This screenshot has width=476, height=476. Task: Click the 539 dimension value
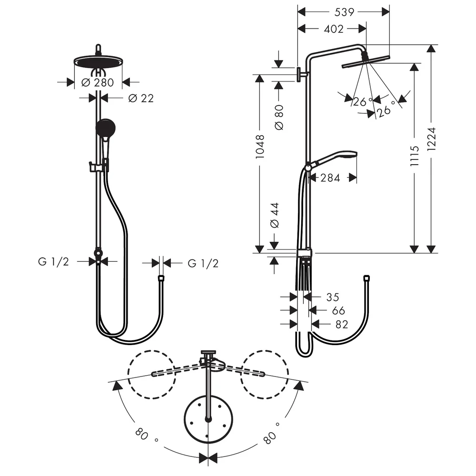[344, 12]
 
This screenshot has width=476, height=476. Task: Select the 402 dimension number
[334, 29]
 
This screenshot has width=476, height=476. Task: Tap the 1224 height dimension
[431, 139]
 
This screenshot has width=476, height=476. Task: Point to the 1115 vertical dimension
[415, 156]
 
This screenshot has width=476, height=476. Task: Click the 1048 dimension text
[260, 147]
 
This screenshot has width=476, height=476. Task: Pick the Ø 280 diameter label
[98, 82]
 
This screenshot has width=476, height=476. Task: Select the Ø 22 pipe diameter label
[141, 99]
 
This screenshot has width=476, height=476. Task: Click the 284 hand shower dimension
[330, 178]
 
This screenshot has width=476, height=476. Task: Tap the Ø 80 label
[278, 118]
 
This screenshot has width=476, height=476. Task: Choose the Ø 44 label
[275, 216]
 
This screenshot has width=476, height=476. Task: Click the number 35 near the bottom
[332, 297]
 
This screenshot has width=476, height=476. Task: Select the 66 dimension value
[338, 310]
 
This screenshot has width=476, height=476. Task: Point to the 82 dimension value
[341, 325]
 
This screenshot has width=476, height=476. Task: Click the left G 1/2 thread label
[53, 262]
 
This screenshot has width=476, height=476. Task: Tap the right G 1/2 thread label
[203, 264]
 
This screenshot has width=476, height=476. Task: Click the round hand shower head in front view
[105, 128]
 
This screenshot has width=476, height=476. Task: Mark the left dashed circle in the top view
[151, 351]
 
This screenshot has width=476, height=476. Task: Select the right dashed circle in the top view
[264, 351]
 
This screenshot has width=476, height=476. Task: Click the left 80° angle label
[146, 435]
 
